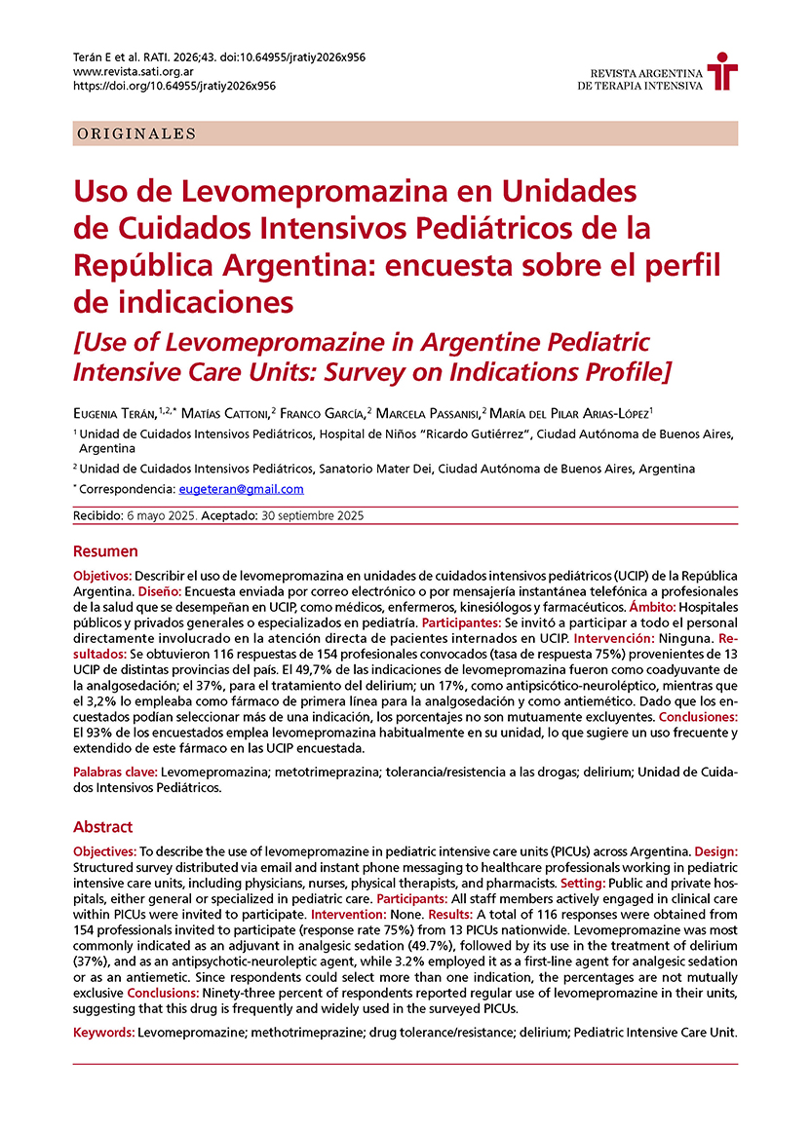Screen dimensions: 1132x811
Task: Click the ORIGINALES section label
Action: tap(136, 134)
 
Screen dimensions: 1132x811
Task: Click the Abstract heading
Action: tap(102, 827)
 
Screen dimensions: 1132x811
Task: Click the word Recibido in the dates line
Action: tap(99, 515)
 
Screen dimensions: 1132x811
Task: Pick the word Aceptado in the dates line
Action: tap(231, 515)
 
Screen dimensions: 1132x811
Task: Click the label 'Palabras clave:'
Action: tap(115, 771)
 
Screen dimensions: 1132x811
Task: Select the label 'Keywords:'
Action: tap(104, 1030)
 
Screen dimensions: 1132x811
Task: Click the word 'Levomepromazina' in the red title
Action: tap(273, 188)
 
